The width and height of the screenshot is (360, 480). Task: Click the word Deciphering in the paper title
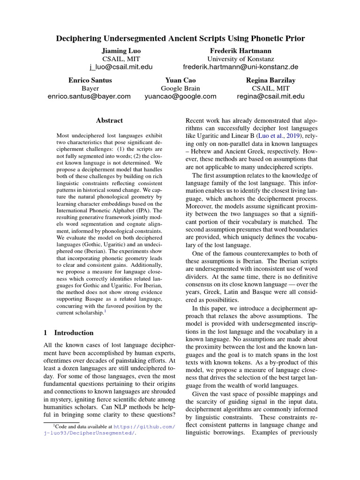click(80, 38)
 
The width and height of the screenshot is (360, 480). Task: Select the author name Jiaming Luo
click(121, 50)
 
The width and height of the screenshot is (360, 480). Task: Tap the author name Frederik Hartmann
click(241, 50)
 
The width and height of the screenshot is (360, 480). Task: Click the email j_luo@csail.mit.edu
click(121, 67)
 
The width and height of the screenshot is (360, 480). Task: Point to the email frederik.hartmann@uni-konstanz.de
click(240, 67)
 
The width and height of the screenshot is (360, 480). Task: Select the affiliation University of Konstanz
click(241, 59)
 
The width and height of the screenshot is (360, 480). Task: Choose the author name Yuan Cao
click(180, 80)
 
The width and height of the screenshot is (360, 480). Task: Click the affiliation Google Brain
click(180, 88)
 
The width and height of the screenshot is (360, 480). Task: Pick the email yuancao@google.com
click(180, 97)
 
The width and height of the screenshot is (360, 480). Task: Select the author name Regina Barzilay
click(271, 80)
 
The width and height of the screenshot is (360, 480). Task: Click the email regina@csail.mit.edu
click(271, 97)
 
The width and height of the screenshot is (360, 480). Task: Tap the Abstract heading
click(109, 120)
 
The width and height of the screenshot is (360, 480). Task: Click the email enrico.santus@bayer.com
click(89, 97)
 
